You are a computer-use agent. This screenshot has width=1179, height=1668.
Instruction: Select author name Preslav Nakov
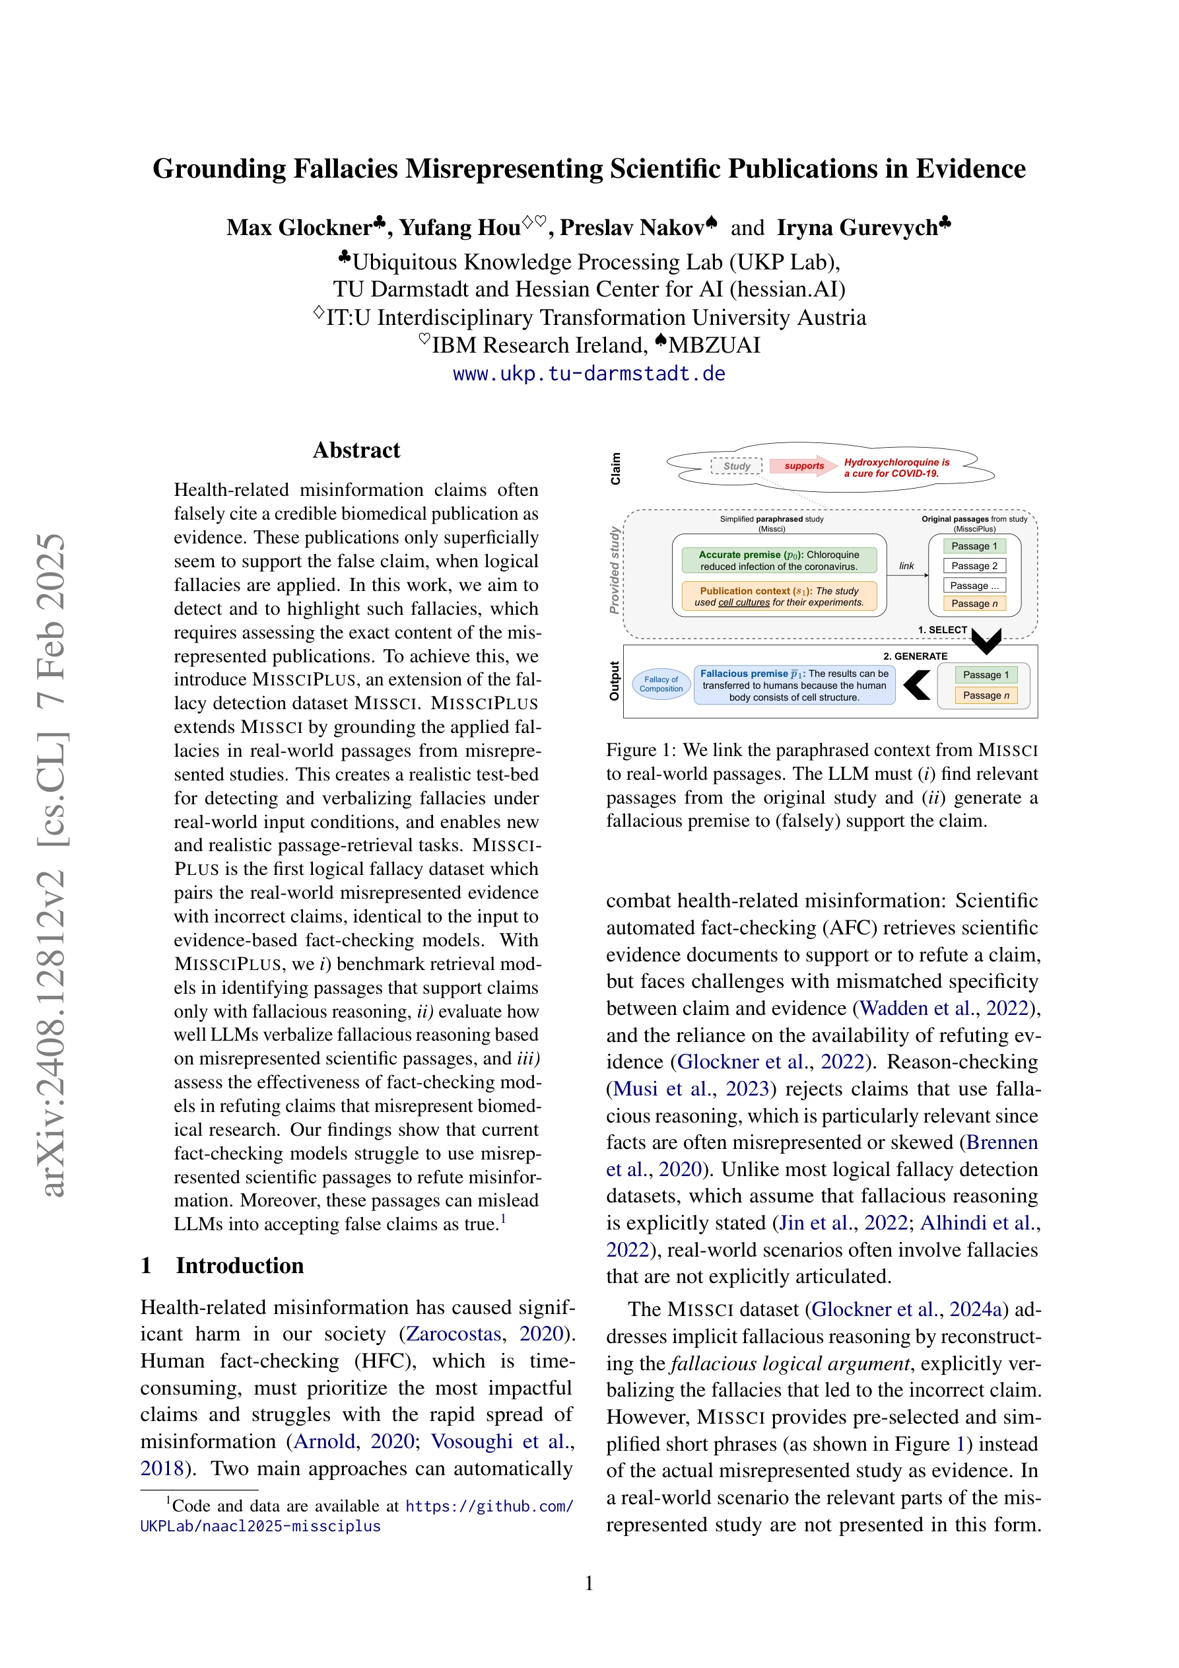click(x=631, y=227)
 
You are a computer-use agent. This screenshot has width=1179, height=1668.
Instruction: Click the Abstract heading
click(x=356, y=450)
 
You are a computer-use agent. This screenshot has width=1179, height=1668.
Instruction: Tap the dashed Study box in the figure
click(x=737, y=466)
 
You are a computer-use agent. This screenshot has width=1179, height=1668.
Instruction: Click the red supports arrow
click(x=803, y=466)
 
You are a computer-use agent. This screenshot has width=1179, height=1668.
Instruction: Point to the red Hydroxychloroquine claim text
click(x=896, y=467)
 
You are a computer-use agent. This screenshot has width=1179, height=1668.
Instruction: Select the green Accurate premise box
click(x=779, y=560)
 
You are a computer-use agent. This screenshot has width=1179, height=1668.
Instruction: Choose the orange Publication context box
click(x=779, y=596)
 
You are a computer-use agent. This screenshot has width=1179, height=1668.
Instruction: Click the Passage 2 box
click(x=974, y=566)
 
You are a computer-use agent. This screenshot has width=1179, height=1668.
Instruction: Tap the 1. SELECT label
click(x=942, y=630)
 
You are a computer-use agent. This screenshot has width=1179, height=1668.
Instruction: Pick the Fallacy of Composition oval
click(x=661, y=684)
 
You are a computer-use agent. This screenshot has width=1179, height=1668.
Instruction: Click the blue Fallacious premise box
click(x=794, y=685)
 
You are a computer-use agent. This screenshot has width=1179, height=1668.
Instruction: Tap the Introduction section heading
click(x=239, y=1266)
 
